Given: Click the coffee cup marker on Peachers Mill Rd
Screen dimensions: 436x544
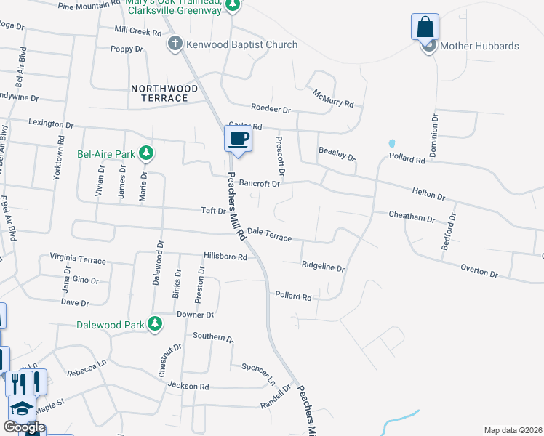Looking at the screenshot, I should pos(238,138).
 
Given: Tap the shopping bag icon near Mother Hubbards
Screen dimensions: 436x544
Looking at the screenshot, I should pos(425,28).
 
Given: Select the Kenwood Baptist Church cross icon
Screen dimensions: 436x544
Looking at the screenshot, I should pos(175,45).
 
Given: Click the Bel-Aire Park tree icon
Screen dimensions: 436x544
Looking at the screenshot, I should pos(146,153).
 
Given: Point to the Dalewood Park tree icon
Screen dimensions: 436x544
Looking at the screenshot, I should pos(154,324).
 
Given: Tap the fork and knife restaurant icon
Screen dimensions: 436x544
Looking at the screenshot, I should pos(27,382).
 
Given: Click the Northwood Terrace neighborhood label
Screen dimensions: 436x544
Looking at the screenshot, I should pos(164,93).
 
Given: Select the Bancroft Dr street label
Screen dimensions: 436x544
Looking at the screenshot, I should pos(260,184).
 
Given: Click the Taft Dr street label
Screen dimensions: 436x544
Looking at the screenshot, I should pos(213,211).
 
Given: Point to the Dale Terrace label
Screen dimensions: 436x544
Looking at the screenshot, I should pos(269,234).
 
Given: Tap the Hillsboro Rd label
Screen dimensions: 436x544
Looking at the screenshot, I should pos(225,257).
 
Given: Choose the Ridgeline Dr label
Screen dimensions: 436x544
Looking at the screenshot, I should pos(323,267).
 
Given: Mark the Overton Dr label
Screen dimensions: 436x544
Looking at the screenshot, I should pos(479,271).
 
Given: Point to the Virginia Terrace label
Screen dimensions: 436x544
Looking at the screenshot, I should pos(78,259).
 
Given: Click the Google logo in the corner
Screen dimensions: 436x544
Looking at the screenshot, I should pos(23,427).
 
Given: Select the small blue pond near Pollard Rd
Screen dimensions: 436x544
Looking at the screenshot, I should pos(392,144).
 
